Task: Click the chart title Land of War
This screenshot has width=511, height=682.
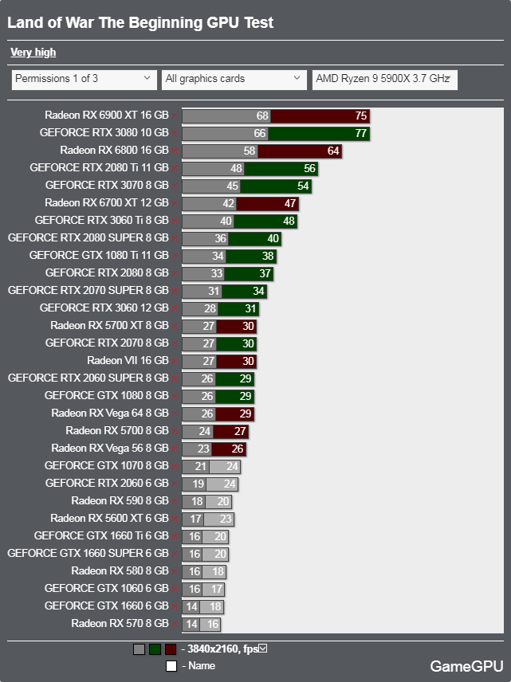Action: click(x=140, y=22)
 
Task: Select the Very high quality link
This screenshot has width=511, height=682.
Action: click(x=33, y=53)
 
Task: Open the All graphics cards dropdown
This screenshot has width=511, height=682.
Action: click(x=234, y=79)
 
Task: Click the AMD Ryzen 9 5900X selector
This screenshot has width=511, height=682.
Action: click(x=384, y=79)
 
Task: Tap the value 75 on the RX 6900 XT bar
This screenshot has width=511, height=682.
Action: click(x=360, y=116)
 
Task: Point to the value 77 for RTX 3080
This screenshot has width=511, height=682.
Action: click(x=360, y=133)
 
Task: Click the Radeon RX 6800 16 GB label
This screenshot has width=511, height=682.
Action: click(x=114, y=151)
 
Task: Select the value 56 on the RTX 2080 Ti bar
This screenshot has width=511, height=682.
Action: click(x=309, y=168)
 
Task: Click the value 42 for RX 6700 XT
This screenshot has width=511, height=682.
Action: click(x=229, y=203)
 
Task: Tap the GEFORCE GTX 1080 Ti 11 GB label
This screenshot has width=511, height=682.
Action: click(x=99, y=256)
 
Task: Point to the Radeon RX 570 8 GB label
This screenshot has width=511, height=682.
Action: click(x=120, y=624)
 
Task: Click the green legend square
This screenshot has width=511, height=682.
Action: click(x=155, y=649)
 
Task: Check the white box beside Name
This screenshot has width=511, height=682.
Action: click(x=171, y=666)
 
